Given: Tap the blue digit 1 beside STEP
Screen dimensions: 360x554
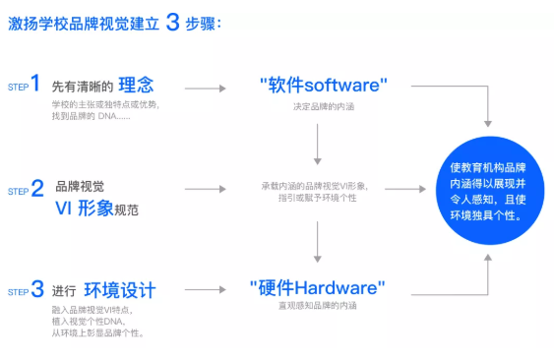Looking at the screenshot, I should click(37, 84).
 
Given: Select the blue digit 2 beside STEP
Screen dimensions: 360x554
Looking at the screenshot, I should click(37, 188).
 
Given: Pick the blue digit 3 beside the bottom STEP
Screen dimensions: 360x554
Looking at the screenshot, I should click(37, 289).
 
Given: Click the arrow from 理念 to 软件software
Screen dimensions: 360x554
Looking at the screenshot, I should click(205, 88).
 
